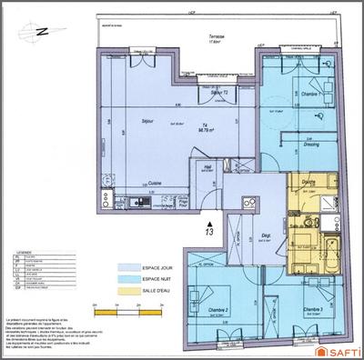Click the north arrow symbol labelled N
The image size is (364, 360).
(41, 32)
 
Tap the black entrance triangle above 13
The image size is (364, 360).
(209, 219)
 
